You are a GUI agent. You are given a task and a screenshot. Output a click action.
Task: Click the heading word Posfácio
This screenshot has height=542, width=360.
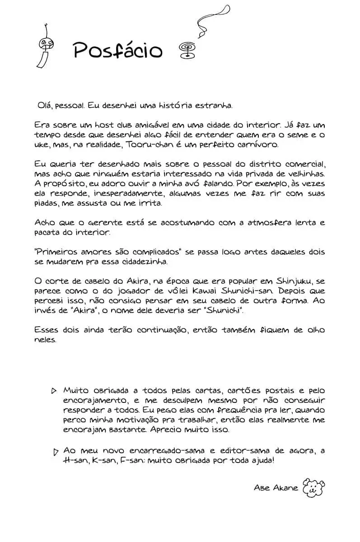point(117,50)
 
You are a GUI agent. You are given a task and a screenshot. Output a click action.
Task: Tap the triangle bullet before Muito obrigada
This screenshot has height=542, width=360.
point(54,390)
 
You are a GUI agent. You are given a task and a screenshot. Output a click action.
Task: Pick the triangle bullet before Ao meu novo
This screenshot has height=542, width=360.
point(56,451)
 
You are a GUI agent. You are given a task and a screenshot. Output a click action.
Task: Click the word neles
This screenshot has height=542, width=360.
point(45,340)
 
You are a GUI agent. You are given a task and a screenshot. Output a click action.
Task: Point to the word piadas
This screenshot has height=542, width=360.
point(47,203)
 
